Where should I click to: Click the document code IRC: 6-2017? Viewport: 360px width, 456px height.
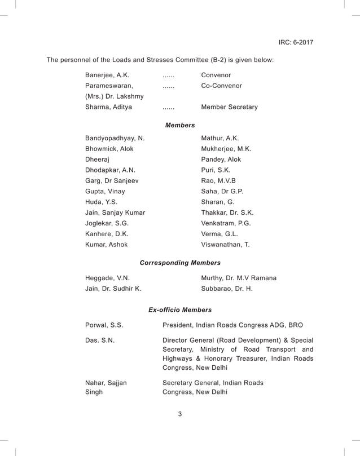pos(296,42)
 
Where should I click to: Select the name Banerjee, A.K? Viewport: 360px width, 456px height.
pos(107,75)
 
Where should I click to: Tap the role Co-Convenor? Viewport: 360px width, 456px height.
pos(221,86)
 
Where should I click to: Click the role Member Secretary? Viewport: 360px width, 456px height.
pos(229,107)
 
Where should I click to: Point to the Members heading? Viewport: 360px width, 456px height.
pos(180,125)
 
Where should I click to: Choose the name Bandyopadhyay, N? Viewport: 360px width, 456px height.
pos(115,138)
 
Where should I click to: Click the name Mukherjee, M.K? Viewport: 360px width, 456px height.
pos(226,149)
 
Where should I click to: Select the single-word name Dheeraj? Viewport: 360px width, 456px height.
pos(97,160)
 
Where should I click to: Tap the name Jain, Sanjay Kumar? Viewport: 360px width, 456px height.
pos(115,212)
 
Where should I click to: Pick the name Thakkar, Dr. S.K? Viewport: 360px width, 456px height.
pos(227,212)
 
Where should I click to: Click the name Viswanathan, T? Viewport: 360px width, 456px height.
pos(225,245)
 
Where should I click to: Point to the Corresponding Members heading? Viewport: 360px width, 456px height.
pos(180,263)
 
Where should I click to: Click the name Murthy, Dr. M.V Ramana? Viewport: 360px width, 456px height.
pos(239,278)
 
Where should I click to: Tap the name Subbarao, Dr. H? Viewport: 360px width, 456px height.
pos(227,289)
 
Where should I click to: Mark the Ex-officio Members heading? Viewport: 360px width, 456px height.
pos(180,310)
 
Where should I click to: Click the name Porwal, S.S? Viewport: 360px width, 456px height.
pos(104,325)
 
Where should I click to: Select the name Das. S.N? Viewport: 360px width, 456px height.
pos(100,340)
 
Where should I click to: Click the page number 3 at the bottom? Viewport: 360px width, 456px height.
pos(180,414)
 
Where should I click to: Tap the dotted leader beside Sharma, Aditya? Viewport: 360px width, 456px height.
pos(168,108)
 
